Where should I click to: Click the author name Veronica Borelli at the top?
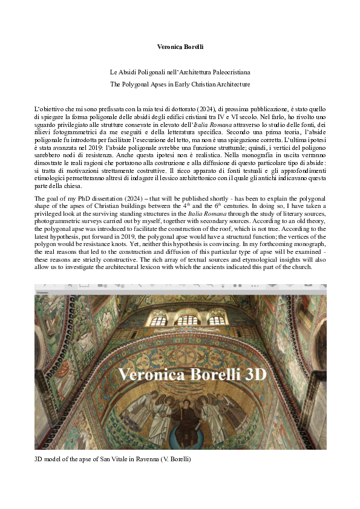[180, 45]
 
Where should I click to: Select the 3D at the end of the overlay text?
[255, 374]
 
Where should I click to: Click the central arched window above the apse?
[188, 320]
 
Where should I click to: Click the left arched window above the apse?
[159, 321]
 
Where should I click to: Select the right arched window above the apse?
[217, 320]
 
